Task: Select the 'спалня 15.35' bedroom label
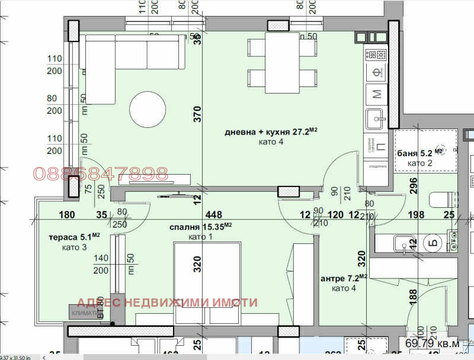tap(201, 227)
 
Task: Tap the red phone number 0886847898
tap(101, 173)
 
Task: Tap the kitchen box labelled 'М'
tap(376, 93)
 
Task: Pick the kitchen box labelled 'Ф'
tap(376, 73)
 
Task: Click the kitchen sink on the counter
tap(376, 118)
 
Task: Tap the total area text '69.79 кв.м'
tap(432, 343)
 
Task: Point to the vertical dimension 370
tap(197, 112)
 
